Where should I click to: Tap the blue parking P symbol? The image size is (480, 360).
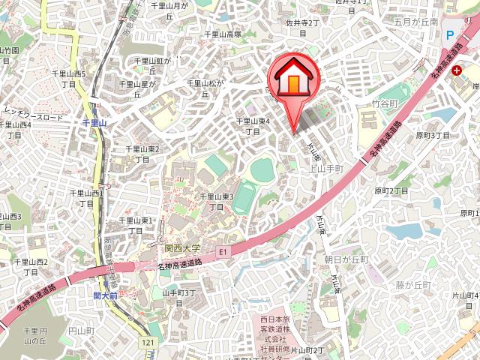coord(449,34)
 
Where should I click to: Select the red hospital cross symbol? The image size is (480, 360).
coord(456,70)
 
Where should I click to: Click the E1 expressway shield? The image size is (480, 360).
coord(222,252)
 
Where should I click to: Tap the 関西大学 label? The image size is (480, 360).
coord(182,247)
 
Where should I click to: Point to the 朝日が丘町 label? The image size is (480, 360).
coord(346,259)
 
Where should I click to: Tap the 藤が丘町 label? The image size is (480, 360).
coord(413,285)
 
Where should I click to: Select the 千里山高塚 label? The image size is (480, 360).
coord(223,34)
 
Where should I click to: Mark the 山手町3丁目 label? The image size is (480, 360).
coord(178,298)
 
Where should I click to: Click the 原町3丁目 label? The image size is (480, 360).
coord(433,135)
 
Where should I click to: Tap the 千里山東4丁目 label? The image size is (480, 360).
coord(253,125)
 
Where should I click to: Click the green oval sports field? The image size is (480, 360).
coord(262,169)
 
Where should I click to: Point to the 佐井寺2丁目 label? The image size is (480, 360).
coord(303,28)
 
